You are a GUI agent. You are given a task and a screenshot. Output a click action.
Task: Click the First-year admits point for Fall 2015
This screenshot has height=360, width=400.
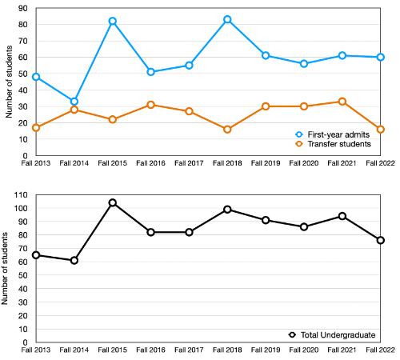point(113,21)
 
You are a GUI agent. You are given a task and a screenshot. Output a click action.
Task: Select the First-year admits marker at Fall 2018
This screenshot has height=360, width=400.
point(228,19)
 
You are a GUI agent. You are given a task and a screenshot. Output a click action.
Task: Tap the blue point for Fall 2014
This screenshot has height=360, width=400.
point(74,102)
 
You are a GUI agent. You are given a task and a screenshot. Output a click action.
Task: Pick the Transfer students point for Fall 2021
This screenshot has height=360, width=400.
point(342,102)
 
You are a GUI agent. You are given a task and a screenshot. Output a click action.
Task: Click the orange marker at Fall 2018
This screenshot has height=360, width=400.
point(228,129)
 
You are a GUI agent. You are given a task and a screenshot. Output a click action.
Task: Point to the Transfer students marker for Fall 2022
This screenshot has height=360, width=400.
point(381,129)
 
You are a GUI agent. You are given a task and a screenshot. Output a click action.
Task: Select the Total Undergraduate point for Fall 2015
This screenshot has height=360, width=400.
point(113,202)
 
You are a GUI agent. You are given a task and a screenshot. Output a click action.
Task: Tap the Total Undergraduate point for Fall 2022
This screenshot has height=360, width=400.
point(381,240)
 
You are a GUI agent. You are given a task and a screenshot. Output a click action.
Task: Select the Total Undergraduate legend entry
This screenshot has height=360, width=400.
point(332,334)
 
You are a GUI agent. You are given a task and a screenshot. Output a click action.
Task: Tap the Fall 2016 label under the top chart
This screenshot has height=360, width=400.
point(151,162)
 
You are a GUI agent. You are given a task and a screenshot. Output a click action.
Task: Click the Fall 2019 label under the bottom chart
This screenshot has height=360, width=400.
point(266,350)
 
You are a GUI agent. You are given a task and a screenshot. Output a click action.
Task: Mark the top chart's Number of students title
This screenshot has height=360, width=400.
point(9,82)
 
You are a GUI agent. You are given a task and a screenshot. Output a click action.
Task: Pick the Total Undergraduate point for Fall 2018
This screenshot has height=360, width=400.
point(228,210)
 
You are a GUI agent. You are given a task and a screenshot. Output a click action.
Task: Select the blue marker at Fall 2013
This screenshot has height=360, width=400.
point(36,77)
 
